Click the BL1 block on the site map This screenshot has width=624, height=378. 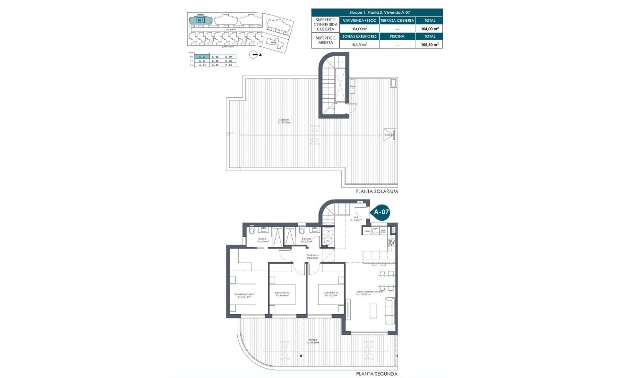(200, 20)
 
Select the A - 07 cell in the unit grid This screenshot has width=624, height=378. (202, 56)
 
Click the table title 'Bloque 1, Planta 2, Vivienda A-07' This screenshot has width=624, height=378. (377, 12)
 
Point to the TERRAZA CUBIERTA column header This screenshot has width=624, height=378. (397, 21)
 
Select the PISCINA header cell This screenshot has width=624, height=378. (397, 36)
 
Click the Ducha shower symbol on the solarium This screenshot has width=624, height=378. (389, 134)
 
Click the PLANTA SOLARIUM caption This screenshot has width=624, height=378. (376, 192)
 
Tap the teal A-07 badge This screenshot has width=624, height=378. (381, 212)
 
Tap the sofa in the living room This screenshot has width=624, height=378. (390, 310)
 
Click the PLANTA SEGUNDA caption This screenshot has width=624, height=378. (376, 374)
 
